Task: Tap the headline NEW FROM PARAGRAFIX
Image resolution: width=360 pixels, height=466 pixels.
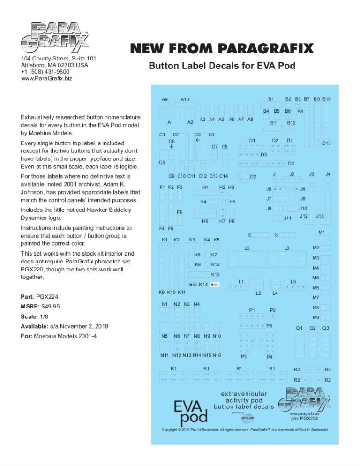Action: (222, 49)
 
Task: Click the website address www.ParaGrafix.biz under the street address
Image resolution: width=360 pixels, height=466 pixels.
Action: (47, 78)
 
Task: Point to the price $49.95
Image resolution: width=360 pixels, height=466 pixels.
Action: (51, 307)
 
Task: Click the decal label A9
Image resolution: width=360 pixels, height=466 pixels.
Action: (165, 99)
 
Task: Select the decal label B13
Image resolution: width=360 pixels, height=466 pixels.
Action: (327, 143)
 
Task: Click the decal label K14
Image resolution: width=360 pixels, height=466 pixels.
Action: (203, 285)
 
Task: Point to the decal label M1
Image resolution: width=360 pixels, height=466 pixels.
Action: (322, 233)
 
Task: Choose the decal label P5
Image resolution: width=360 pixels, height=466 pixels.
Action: (270, 325)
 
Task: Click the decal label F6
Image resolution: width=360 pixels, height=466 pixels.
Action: (180, 212)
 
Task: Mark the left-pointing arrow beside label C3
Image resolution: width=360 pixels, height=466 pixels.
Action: (198, 141)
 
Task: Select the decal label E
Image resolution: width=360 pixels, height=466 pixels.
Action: (250, 234)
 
